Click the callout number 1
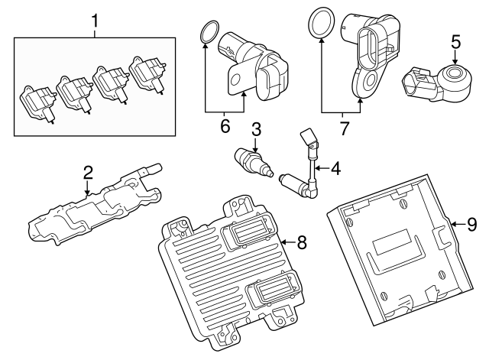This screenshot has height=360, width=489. click(x=95, y=21)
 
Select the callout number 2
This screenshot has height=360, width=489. click(x=88, y=171)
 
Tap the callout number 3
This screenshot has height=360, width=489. click(x=257, y=129)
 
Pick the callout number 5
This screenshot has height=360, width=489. click(x=455, y=40)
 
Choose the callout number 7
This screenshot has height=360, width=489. click(x=343, y=127)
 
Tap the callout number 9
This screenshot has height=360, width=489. click(x=471, y=225)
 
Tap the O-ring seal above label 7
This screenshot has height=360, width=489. click(x=321, y=23)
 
